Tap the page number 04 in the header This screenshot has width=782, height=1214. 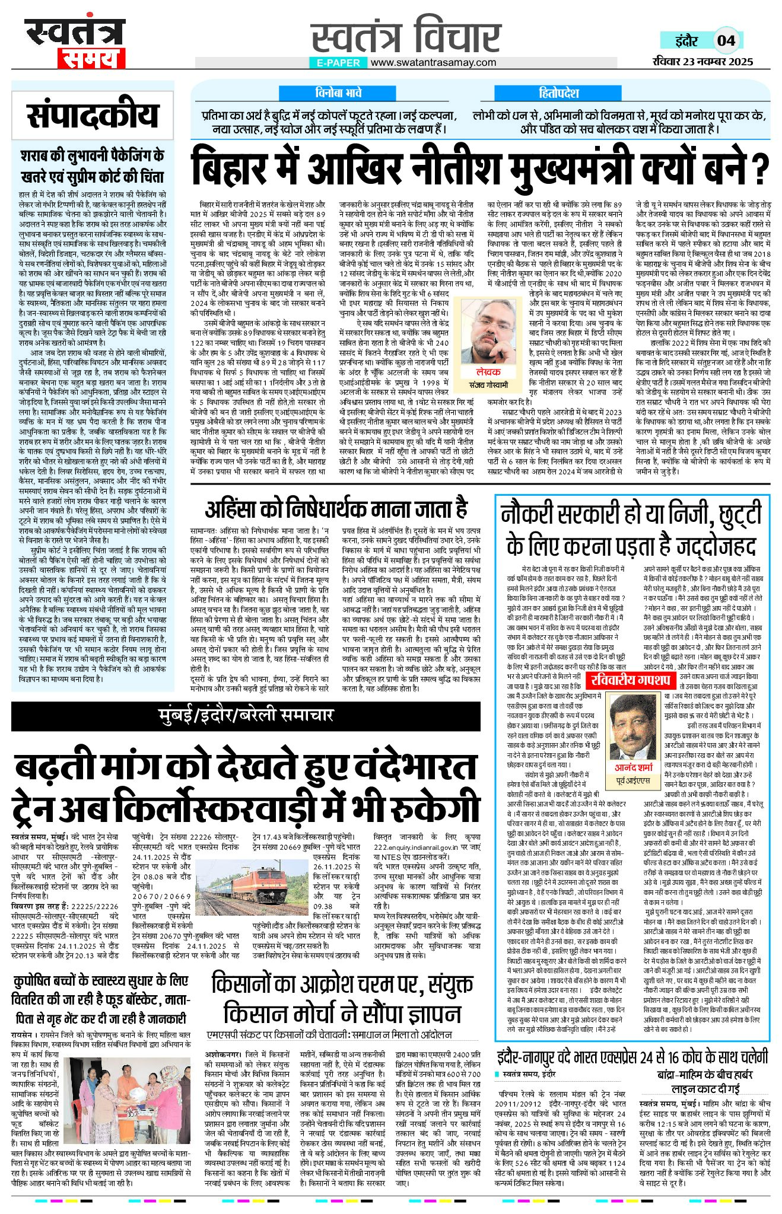tap(726, 41)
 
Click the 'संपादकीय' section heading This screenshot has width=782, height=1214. tap(93, 116)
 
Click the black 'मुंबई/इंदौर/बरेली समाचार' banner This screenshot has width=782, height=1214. tap(246, 716)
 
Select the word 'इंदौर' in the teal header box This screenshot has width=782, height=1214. tap(686, 41)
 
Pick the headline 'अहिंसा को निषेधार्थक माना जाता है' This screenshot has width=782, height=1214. tap(336, 509)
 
